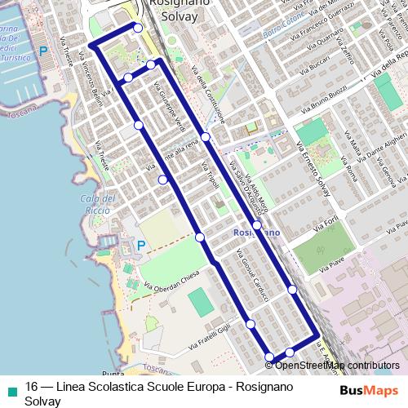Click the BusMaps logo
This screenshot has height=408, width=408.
pos(368,390)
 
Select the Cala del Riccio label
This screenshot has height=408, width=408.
pos(96,203)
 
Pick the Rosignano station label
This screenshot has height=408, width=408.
pos(256,233)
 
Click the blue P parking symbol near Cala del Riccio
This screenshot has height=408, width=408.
pos(140,244)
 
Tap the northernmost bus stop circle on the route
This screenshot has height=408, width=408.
pos(138,28)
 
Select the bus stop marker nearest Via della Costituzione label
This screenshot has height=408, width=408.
pos(206,136)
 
